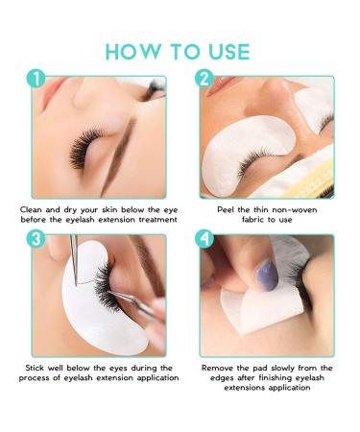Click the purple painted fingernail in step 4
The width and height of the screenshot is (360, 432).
pos(266,275)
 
